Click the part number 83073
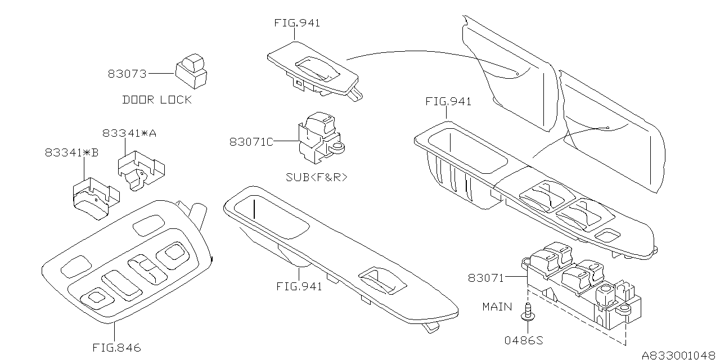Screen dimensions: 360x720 point(127,74)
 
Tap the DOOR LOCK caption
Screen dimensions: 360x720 point(157,100)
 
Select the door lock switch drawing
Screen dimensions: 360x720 point(191,70)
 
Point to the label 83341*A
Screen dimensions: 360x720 point(129,133)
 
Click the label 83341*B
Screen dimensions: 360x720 point(71,152)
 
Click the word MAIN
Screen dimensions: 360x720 point(497,307)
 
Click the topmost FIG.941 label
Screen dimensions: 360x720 point(297,23)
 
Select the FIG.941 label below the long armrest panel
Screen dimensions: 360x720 point(299,286)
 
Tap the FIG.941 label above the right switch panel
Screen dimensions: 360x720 point(448,102)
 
